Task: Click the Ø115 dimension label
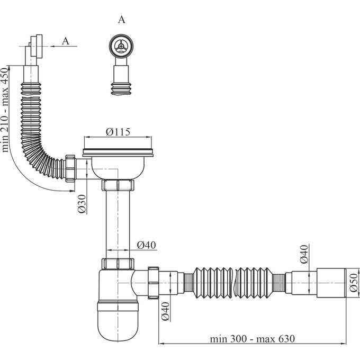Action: [x=118, y=132]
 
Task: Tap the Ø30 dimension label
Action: [x=82, y=204]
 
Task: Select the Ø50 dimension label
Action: [x=354, y=283]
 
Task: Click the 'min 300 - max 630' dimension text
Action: [x=252, y=339]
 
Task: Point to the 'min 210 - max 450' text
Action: [x=5, y=110]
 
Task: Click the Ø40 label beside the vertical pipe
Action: [x=147, y=245]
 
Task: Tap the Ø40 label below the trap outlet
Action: [x=165, y=311]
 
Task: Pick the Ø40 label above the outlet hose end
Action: [x=304, y=254]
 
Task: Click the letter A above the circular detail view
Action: [x=121, y=20]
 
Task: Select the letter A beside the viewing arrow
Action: [x=66, y=41]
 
